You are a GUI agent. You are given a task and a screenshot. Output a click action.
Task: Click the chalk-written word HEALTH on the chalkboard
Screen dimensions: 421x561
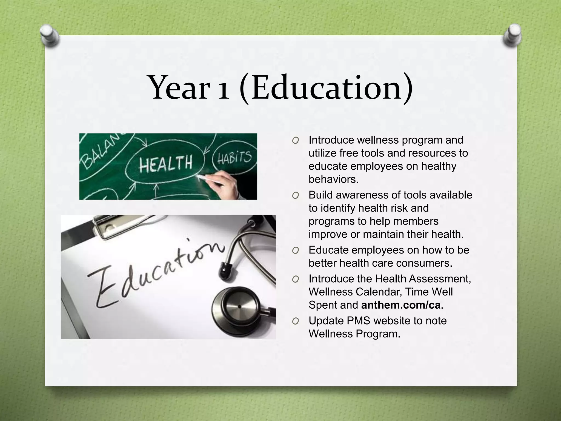click(x=165, y=163)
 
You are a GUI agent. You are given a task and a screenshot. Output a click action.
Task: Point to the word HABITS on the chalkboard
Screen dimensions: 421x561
click(x=234, y=157)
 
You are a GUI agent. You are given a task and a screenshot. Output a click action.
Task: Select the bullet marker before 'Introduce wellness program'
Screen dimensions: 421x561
click(x=295, y=140)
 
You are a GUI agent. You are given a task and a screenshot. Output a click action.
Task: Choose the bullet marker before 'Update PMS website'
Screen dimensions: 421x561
click(x=295, y=321)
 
